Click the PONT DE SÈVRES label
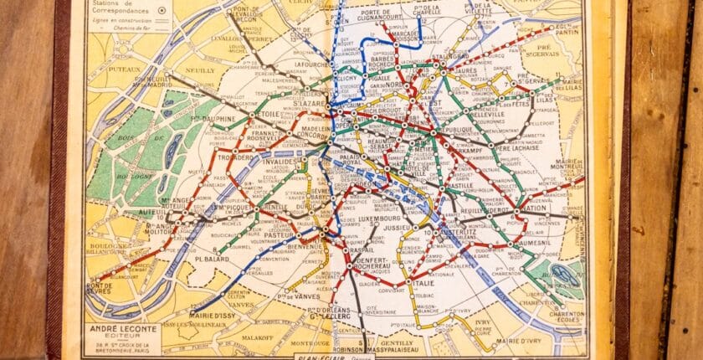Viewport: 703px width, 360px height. (x=100, y=289)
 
